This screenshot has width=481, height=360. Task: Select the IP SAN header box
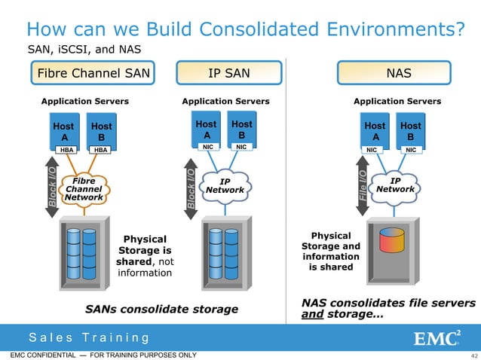pos(228,73)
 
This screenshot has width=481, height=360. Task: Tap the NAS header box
pos(398,73)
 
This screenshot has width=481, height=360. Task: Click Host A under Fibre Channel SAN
pos(63,132)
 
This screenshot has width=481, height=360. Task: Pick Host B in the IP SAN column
pos(241,129)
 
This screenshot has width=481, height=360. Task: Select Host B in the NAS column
pos(410,132)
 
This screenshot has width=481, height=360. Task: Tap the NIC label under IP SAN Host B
pos(241,147)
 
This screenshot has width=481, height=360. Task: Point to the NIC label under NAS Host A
pos(372,150)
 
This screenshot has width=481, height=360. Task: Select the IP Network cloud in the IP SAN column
pos(225,186)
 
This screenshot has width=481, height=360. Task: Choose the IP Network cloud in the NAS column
pos(395,185)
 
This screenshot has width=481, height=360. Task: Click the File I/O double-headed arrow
pos(363,186)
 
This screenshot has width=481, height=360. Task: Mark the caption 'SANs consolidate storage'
pos(161,309)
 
